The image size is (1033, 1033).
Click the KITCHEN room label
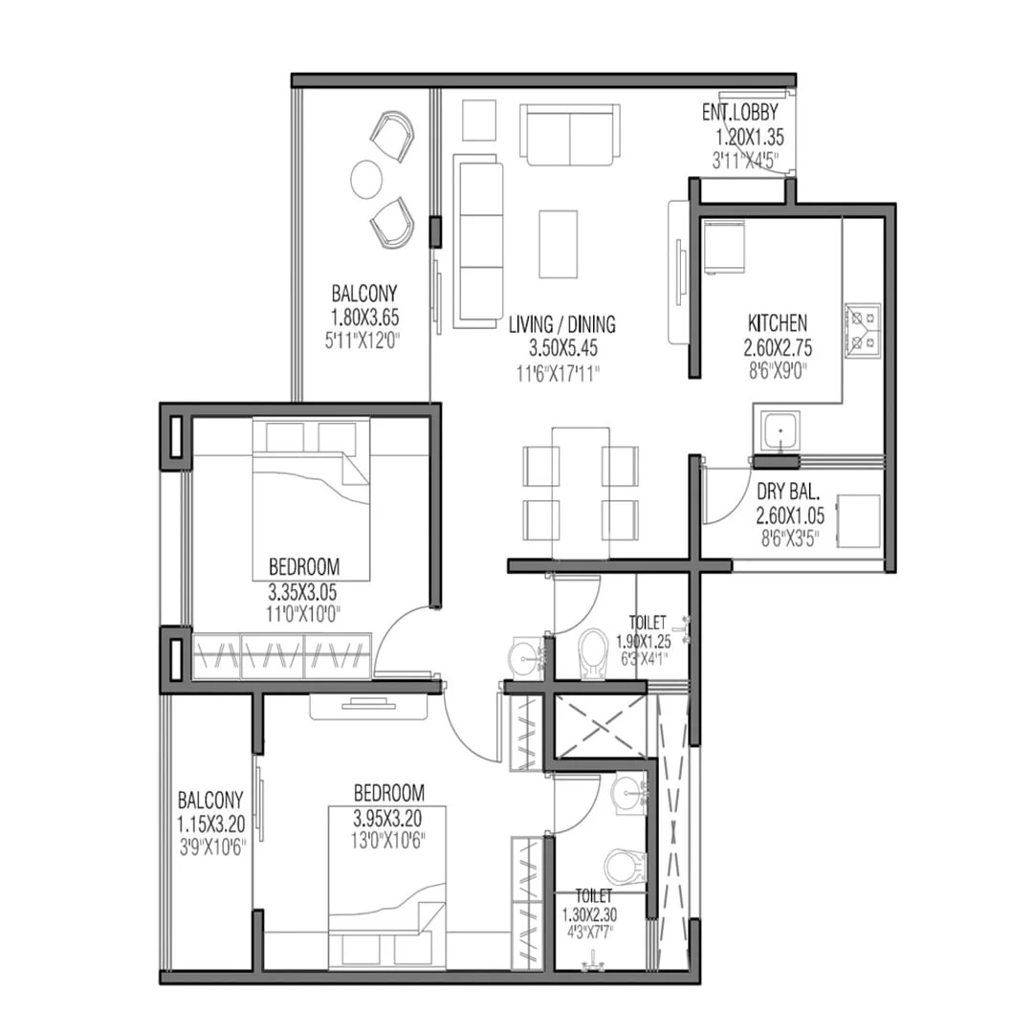pyautogui.click(x=778, y=323)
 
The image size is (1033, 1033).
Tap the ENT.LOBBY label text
pyautogui.click(x=739, y=112)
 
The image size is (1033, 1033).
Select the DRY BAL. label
pyautogui.click(x=788, y=492)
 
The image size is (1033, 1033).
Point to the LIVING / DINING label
pyautogui.click(x=562, y=324)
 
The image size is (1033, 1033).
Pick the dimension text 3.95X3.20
pyautogui.click(x=387, y=819)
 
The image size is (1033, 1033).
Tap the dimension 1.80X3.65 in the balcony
pyautogui.click(x=364, y=318)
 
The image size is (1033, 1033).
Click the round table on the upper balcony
pyautogui.click(x=365, y=179)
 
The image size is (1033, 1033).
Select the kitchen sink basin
pyautogui.click(x=780, y=432)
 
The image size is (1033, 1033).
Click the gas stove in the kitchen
pyautogui.click(x=863, y=329)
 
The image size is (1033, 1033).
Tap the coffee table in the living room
pyautogui.click(x=558, y=245)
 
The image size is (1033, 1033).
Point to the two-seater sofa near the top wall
pyautogui.click(x=570, y=135)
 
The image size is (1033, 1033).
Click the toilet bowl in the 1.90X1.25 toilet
pyautogui.click(x=593, y=653)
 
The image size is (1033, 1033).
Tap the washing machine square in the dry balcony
pyautogui.click(x=858, y=521)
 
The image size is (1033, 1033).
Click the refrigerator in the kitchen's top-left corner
pyautogui.click(x=724, y=247)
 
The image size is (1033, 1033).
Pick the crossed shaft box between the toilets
pyautogui.click(x=600, y=726)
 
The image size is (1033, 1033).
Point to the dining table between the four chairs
pyautogui.click(x=581, y=493)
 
